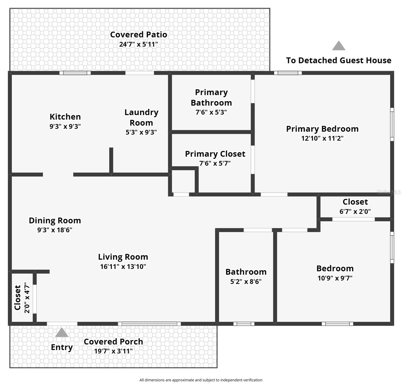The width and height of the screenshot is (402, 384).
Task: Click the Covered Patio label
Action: [139, 35]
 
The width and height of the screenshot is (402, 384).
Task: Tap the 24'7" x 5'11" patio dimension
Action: [139, 44]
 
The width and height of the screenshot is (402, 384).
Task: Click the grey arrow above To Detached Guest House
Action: [339, 46]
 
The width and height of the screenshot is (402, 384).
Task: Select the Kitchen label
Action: [65, 117]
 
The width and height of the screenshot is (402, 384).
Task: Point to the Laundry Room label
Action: [141, 117]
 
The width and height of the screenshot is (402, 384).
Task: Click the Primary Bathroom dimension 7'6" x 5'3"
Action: [211, 112]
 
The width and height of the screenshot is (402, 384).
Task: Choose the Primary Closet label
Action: [215, 154]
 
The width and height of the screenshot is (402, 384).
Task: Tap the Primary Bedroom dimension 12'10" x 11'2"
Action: [322, 139]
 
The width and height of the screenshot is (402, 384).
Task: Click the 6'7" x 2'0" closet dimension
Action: [355, 212]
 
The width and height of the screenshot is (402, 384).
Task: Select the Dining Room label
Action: [55, 220]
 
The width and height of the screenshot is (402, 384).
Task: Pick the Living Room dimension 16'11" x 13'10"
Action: [123, 267]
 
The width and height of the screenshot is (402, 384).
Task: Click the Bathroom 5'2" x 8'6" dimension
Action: [246, 282]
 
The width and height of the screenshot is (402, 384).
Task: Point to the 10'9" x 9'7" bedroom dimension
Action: [335, 278]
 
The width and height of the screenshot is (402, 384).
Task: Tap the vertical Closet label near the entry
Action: [18, 298]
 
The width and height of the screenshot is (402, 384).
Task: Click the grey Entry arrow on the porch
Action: [62, 333]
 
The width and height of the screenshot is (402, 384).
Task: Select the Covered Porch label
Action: [113, 342]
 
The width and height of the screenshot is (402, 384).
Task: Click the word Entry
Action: [62, 348]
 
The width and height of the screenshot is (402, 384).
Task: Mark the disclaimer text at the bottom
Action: [201, 380]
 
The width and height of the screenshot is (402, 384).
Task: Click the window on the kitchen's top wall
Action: [75, 73]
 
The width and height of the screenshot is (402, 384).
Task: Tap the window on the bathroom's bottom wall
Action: [244, 324]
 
